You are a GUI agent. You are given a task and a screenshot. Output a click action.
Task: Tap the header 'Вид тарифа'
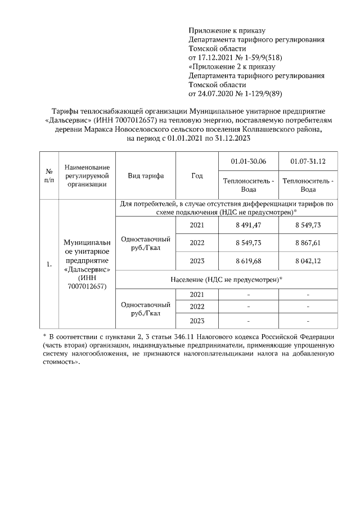coord(146,175)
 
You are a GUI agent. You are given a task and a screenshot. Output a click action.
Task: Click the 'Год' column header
coord(197,175)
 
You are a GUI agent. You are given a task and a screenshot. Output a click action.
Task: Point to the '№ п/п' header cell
coord(49,175)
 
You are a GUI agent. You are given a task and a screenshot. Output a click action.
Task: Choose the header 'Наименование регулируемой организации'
coord(87,175)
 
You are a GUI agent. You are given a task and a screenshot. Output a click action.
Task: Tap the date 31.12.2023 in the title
coord(232,138)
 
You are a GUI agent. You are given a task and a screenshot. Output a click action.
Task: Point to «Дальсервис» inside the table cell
coord(87,269)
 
